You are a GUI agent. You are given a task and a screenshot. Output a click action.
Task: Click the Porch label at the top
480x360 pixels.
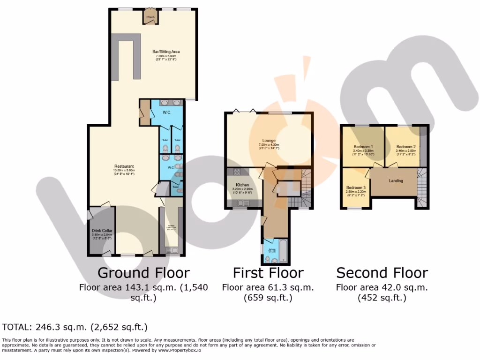point(150,17)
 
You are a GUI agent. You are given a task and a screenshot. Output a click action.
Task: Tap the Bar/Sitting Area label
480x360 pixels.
point(166,52)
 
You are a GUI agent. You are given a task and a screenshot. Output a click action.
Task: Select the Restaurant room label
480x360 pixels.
point(124,166)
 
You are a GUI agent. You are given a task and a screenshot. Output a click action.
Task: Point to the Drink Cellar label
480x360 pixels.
point(101,231)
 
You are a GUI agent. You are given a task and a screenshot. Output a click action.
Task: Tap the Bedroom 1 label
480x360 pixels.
point(363,146)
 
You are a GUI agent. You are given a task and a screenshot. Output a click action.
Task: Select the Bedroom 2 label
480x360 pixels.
point(406,146)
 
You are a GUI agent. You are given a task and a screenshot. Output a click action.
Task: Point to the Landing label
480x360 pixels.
point(396,180)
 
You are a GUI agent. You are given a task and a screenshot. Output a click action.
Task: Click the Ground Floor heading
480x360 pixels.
point(143,273)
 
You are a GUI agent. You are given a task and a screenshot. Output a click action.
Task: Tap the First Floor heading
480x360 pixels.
point(268,273)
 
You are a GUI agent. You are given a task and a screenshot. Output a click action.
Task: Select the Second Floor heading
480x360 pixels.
point(382,273)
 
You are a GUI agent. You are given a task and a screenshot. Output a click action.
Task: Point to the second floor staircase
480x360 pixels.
point(422,187)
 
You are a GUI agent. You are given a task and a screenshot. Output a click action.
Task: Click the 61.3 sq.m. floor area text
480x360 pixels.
point(268,287)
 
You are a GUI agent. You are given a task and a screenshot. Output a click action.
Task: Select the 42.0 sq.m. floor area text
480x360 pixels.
point(382,287)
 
